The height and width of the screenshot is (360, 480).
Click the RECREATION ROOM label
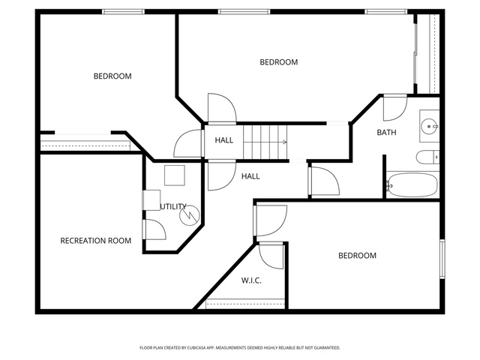96,241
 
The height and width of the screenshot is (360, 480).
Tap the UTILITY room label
173,207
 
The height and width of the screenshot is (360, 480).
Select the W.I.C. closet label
251,280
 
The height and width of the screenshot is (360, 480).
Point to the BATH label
387,133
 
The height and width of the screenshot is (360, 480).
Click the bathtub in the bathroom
412,184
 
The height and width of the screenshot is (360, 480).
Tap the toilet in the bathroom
427,157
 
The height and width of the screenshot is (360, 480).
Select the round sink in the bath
429,126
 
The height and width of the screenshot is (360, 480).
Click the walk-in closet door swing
271,256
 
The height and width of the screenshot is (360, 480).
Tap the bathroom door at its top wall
395,108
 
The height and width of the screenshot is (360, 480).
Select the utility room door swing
155,229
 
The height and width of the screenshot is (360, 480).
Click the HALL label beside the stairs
224,140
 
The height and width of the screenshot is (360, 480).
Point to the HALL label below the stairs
250,176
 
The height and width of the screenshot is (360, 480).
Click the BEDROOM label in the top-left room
112,76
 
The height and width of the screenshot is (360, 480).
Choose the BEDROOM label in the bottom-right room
357,256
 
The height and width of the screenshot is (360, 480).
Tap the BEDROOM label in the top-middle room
279,62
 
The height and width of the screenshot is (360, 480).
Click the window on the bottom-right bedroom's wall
442,259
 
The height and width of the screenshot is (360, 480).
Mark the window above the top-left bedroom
123,12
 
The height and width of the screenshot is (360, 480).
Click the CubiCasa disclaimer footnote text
240,348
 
